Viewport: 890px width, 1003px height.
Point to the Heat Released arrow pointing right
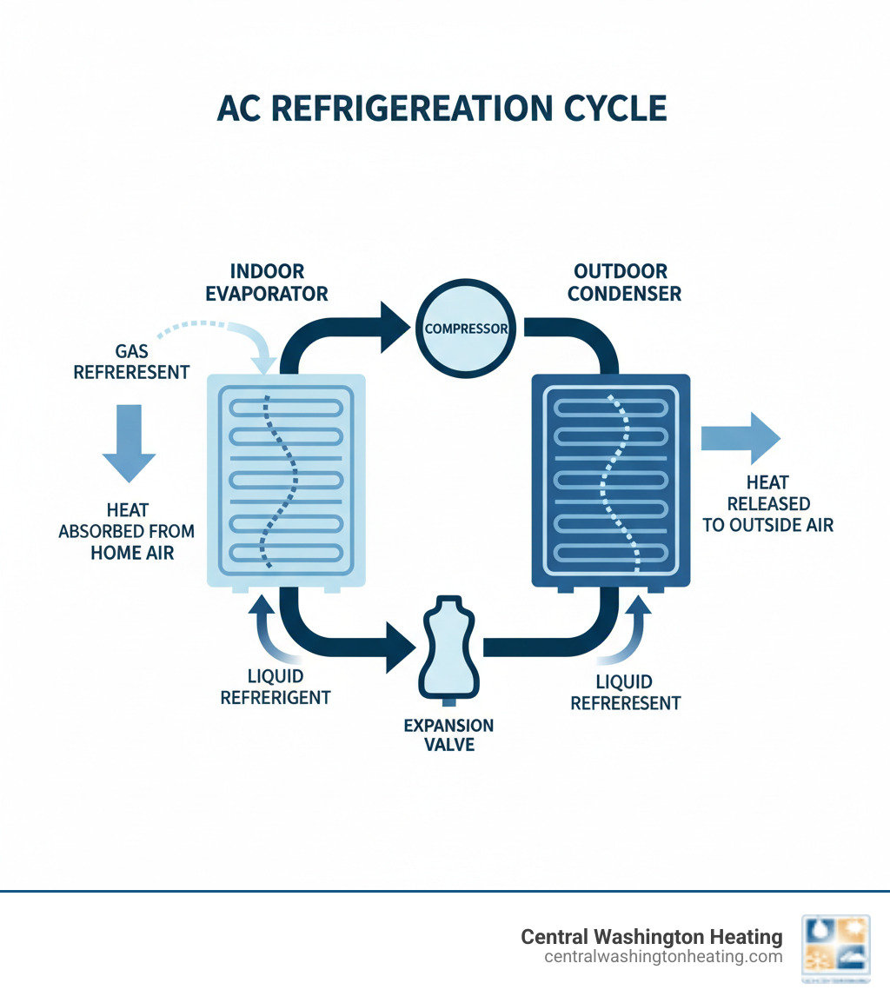pyautogui.click(x=740, y=437)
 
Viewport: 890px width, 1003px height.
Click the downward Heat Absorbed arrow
pyautogui.click(x=129, y=442)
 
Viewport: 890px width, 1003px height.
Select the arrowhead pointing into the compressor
pyautogui.click(x=396, y=328)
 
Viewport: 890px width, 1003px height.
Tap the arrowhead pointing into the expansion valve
pyautogui.click(x=400, y=647)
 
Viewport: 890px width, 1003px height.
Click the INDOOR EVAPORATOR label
pyautogui.click(x=267, y=282)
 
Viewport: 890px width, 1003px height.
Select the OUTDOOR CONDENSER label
pyautogui.click(x=624, y=282)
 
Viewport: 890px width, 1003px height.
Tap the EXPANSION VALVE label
pyautogui.click(x=448, y=734)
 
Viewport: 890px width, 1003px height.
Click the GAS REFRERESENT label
pyautogui.click(x=131, y=362)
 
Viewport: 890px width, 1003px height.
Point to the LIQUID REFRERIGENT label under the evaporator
pyautogui.click(x=275, y=687)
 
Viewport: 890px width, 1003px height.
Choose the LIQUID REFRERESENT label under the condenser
pyautogui.click(x=625, y=693)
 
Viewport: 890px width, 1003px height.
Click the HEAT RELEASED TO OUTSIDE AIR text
pyautogui.click(x=767, y=503)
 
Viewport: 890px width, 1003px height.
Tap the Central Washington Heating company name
pyautogui.click(x=651, y=937)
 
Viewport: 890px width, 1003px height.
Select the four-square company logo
pyautogui.click(x=835, y=950)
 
